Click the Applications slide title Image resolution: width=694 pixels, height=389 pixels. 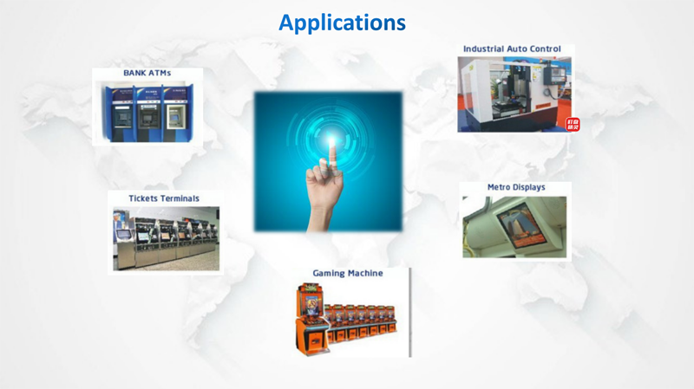coord(342,23)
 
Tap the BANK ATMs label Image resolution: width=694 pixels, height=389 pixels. coord(147,73)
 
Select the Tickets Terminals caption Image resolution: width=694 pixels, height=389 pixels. coord(164,198)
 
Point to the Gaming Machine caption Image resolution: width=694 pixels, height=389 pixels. coord(348,273)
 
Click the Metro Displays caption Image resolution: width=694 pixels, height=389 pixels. coord(516,187)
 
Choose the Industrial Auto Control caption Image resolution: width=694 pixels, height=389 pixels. coord(512,49)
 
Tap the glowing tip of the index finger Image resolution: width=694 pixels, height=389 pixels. coord(331,141)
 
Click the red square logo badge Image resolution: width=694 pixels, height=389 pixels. coord(573,124)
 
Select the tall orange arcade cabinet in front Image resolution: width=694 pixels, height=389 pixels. coord(312,319)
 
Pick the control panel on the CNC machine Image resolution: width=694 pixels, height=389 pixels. coord(554,75)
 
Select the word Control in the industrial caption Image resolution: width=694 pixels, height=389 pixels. coord(547,49)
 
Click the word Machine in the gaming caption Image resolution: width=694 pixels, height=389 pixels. coord(365,273)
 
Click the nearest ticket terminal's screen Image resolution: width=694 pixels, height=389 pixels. coord(124,233)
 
